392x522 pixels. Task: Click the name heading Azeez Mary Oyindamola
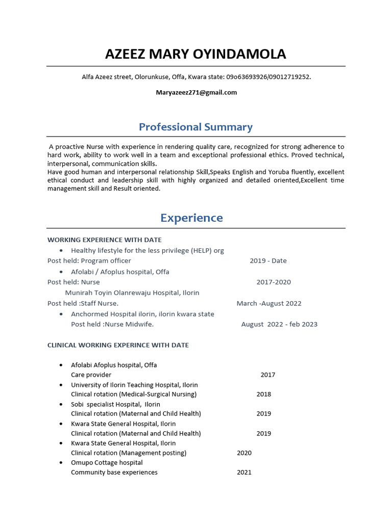[x=195, y=54]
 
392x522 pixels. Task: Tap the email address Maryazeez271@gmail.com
[x=196, y=92]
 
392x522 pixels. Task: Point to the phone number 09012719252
[x=290, y=77]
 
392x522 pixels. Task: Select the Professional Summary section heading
[x=195, y=127]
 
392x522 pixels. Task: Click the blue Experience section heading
[x=191, y=218]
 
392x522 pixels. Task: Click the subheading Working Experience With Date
[x=104, y=240]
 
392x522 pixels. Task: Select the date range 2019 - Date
[x=268, y=260]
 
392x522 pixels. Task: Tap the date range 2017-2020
[x=274, y=282]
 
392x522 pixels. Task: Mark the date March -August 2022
[x=269, y=303]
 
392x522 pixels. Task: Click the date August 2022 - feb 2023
[x=279, y=324]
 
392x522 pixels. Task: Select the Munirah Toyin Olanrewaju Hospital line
[x=132, y=293]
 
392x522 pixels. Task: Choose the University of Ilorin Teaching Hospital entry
[x=134, y=385]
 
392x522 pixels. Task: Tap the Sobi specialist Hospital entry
[x=115, y=404]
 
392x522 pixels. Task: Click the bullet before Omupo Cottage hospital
[x=61, y=463]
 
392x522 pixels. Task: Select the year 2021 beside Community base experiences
[x=244, y=473]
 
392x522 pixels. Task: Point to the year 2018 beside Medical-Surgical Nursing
[x=264, y=394]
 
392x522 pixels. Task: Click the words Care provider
[x=91, y=375]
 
